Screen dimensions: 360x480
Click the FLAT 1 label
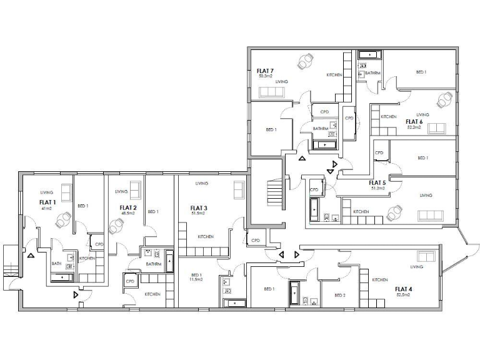(x=47, y=202)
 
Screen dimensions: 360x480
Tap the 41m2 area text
(x=46, y=208)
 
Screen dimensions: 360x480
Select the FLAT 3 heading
(x=199, y=208)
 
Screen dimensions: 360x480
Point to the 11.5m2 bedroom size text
(x=197, y=279)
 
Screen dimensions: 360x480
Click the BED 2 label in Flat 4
(x=340, y=295)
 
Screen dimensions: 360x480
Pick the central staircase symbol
(x=275, y=191)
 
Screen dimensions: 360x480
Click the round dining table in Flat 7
(x=306, y=62)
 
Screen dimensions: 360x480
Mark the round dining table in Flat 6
(x=445, y=99)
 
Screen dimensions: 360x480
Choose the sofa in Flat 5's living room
(x=431, y=215)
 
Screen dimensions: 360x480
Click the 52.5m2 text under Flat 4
(x=402, y=294)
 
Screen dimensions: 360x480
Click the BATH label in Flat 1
(x=56, y=263)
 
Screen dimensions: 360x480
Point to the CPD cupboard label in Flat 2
(x=131, y=281)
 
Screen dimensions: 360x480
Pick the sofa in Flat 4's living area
(x=425, y=256)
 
